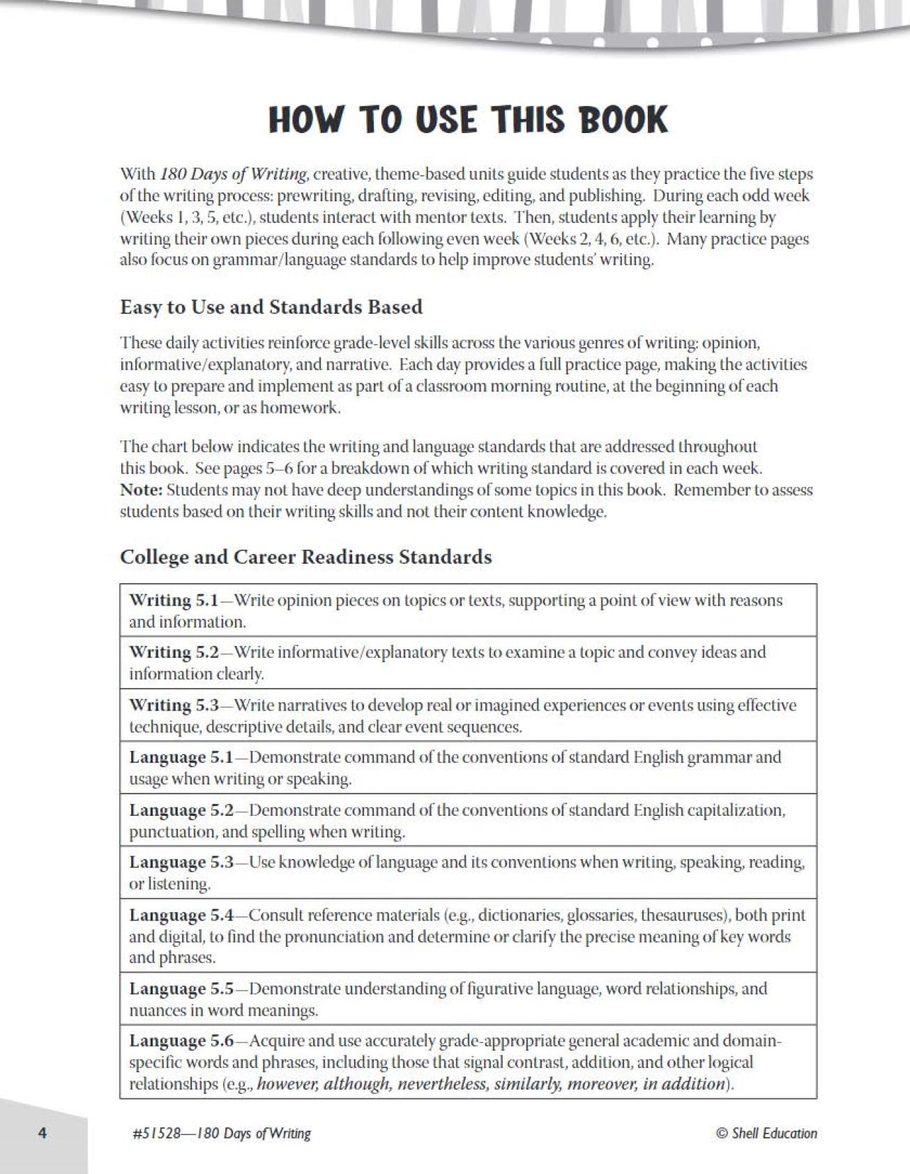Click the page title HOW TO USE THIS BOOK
pyautogui.click(x=468, y=120)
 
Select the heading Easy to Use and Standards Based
pyautogui.click(x=271, y=307)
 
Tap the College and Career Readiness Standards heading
pyautogui.click(x=305, y=557)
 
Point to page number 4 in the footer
pyautogui.click(x=42, y=1134)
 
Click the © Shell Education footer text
pyautogui.click(x=766, y=1134)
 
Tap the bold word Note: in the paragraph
pyautogui.click(x=142, y=490)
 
